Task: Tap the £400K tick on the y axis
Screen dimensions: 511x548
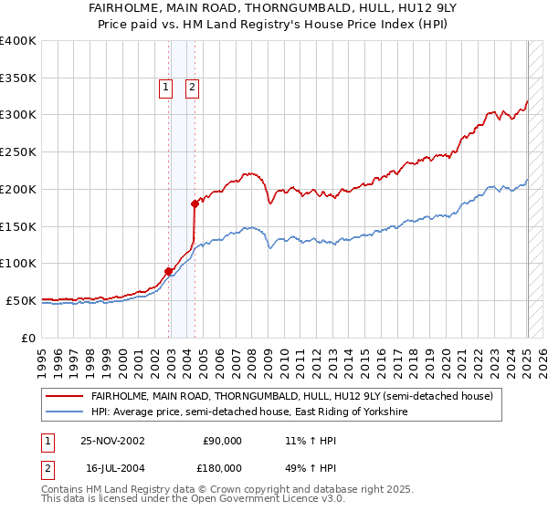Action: click(x=18, y=41)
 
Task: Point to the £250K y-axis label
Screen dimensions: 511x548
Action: click(x=18, y=152)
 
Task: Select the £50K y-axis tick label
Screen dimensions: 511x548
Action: click(x=21, y=300)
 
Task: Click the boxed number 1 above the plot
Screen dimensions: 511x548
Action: click(x=165, y=88)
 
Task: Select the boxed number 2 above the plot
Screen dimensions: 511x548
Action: click(x=194, y=88)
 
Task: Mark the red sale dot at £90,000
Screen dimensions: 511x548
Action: click(x=169, y=271)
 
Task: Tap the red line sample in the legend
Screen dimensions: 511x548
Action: click(x=65, y=396)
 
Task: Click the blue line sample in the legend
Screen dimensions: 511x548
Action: click(x=65, y=412)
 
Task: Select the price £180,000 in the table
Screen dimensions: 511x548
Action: click(x=222, y=467)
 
